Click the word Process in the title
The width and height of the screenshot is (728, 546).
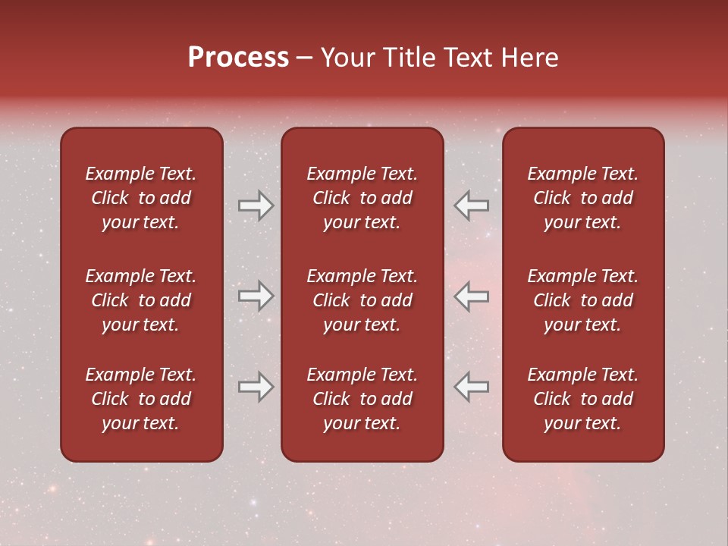[238, 58]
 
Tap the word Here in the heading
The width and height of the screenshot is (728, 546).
[529, 58]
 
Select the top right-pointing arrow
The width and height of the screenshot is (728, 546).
[256, 206]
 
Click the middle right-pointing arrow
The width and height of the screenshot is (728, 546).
[256, 296]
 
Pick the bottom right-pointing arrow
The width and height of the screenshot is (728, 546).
[256, 387]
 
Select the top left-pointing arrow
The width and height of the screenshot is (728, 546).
[472, 206]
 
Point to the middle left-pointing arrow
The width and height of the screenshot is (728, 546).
[472, 296]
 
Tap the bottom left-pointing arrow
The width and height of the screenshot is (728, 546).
[472, 387]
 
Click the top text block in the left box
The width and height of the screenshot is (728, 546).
[141, 198]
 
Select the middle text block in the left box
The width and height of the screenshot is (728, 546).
[141, 300]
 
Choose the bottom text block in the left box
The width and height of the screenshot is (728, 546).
[141, 399]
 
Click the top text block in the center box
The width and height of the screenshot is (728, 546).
[362, 198]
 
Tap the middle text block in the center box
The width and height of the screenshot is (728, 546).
[362, 300]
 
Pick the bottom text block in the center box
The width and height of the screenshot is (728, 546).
[362, 399]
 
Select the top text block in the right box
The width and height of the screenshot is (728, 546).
[582, 198]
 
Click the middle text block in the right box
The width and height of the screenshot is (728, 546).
[582, 300]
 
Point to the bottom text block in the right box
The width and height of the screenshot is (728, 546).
[582, 399]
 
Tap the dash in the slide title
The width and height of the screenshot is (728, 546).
[305, 58]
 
